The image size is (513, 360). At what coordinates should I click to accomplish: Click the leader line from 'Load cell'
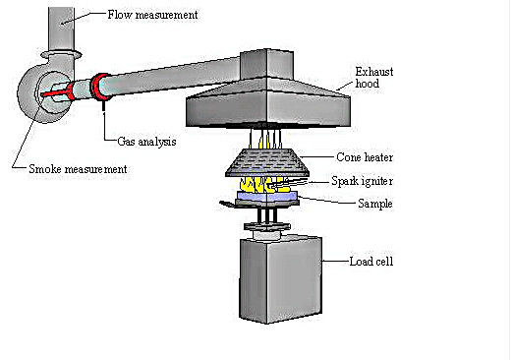(334, 263)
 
